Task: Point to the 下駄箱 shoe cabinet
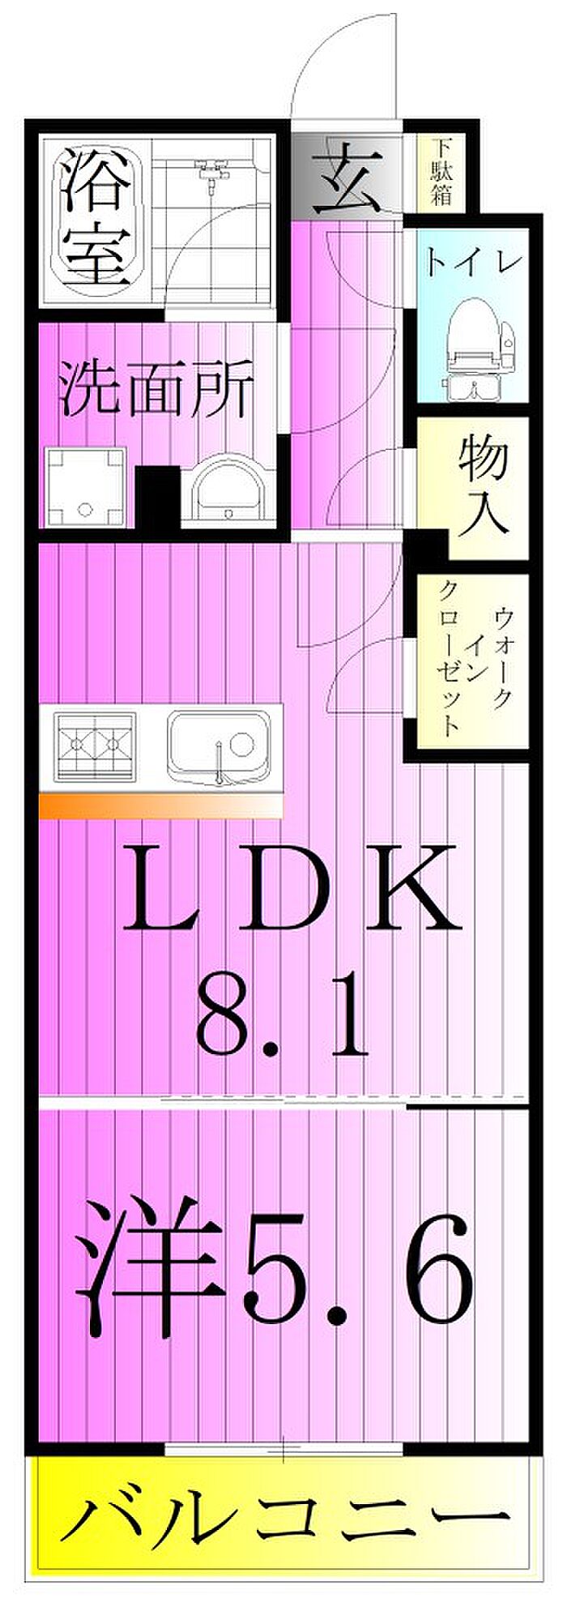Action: coord(441,173)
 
